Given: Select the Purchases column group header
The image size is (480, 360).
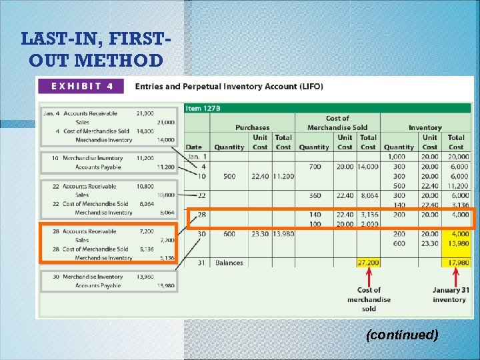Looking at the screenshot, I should click(x=252, y=127).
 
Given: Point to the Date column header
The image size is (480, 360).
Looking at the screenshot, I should click(x=194, y=147).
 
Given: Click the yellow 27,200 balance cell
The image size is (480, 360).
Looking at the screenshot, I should click(x=368, y=263).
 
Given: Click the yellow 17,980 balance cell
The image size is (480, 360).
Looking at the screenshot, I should click(x=456, y=263).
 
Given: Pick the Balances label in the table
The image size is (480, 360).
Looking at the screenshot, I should click(x=229, y=263).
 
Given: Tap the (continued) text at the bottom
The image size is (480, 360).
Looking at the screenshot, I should click(x=402, y=335).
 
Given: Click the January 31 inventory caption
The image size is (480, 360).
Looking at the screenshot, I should click(x=450, y=295).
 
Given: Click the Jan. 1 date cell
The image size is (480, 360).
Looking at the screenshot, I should click(x=195, y=157).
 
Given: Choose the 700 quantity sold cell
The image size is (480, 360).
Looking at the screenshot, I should click(x=315, y=166).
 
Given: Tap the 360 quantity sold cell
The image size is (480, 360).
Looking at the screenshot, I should click(x=315, y=195).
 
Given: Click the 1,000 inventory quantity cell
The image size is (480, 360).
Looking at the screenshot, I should click(x=399, y=157).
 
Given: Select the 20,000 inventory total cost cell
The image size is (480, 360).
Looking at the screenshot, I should click(x=456, y=157).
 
